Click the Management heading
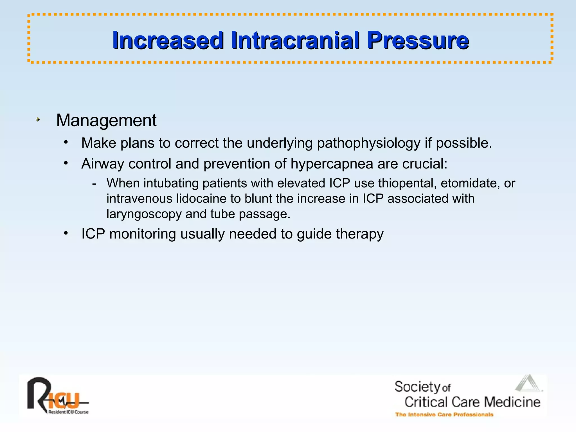[106, 120]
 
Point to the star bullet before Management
[38, 120]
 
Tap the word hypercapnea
[332, 164]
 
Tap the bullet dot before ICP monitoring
[66, 233]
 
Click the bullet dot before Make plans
[66, 142]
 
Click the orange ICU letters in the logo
[63, 401]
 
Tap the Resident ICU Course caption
[68, 412]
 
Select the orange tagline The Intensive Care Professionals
[444, 415]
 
